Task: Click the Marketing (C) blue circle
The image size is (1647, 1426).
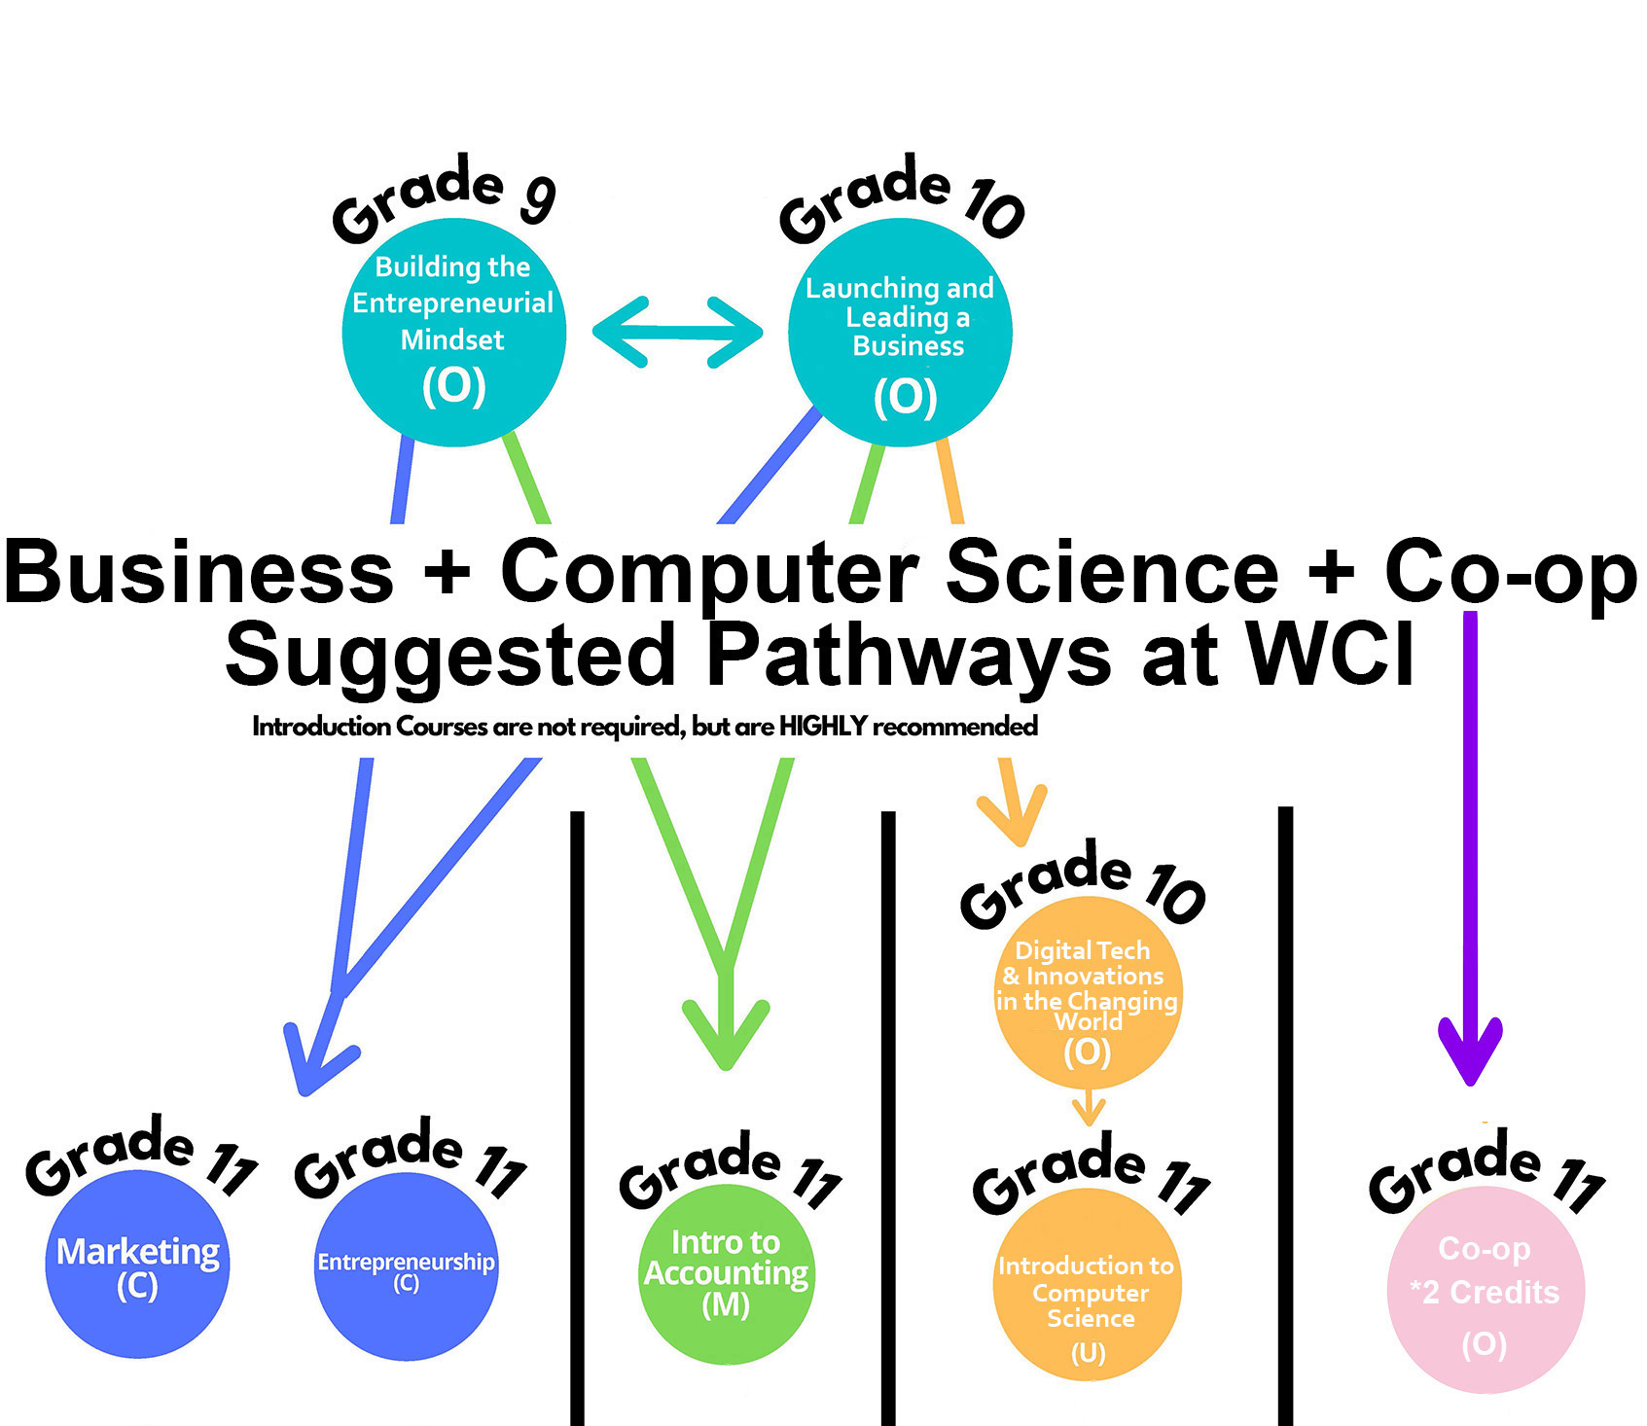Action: tap(137, 1265)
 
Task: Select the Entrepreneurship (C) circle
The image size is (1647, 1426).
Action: tap(406, 1267)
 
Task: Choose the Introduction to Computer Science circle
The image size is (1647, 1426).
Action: tap(1088, 1284)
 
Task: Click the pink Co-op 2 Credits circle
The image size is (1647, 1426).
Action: tap(1485, 1290)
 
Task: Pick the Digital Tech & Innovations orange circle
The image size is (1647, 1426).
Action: tap(1087, 992)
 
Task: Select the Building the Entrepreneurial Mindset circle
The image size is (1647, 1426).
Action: tap(453, 332)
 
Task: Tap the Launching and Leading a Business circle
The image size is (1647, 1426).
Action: tap(900, 332)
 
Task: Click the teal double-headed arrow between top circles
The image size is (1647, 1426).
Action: tap(677, 332)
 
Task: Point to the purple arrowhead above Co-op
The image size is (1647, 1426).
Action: tap(1470, 1051)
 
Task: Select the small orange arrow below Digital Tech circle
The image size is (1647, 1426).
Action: tap(1089, 1109)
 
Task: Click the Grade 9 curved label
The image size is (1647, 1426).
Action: tap(444, 200)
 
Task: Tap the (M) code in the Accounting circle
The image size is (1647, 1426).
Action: tap(726, 1305)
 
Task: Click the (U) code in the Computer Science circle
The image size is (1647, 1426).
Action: tap(1088, 1352)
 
